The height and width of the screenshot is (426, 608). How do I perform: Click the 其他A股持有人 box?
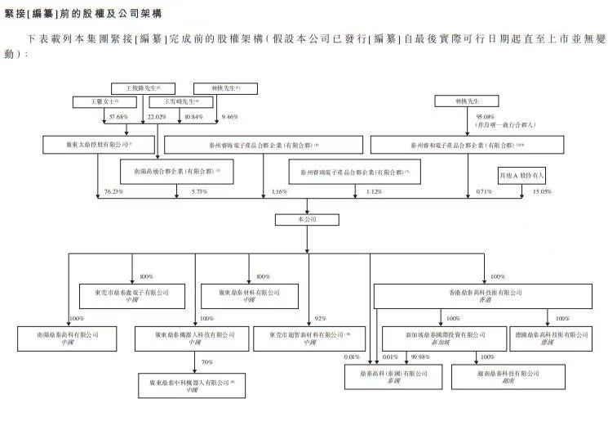pos(521,174)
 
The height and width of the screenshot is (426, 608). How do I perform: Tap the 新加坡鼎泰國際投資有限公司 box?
pos(439,338)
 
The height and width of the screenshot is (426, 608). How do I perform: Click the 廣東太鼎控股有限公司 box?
pos(99,145)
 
